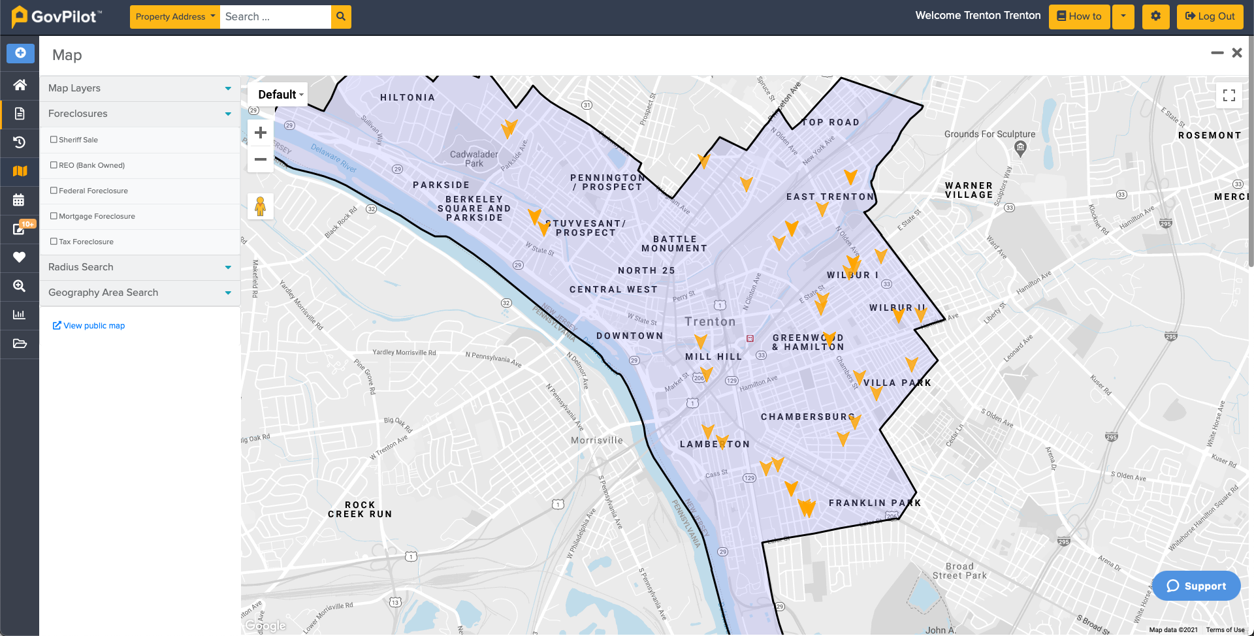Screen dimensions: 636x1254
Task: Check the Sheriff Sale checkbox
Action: pyautogui.click(x=54, y=140)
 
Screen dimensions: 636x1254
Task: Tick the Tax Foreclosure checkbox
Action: pyautogui.click(x=54, y=242)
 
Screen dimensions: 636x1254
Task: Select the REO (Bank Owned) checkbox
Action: pyautogui.click(x=54, y=165)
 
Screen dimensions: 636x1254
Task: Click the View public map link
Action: pyautogui.click(x=89, y=326)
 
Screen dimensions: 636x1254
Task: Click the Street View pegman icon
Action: pyautogui.click(x=260, y=206)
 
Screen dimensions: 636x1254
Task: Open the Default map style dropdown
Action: pyautogui.click(x=280, y=95)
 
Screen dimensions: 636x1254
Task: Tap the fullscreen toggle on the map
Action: pyautogui.click(x=1229, y=95)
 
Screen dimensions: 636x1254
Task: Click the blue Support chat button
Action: pyautogui.click(x=1196, y=586)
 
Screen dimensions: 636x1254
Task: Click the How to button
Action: pyautogui.click(x=1079, y=16)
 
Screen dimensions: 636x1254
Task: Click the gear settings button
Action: pyautogui.click(x=1155, y=16)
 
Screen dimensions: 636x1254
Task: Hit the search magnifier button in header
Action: pyautogui.click(x=341, y=16)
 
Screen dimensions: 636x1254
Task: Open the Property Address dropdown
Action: pyautogui.click(x=175, y=16)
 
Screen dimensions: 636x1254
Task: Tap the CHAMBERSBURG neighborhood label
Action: pyautogui.click(x=807, y=417)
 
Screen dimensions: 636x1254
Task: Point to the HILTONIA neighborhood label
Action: pyautogui.click(x=408, y=97)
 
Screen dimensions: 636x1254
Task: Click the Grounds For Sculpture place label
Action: pyautogui.click(x=989, y=134)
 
